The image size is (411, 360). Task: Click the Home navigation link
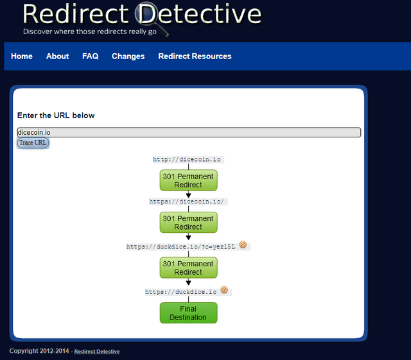coord(22,56)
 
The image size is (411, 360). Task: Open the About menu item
coord(57,56)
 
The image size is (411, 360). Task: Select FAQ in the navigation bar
coord(90,56)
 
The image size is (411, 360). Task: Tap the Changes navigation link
coord(128,56)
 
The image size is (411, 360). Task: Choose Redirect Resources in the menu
coord(195,56)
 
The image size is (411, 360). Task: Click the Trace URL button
coord(33,143)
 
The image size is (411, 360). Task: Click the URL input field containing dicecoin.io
coord(189,132)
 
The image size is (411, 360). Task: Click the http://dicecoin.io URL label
coord(187,160)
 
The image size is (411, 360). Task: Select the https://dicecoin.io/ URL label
coord(187,201)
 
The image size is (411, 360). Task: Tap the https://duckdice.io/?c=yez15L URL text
coord(181,247)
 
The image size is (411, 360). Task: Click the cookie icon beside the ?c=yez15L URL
coord(243,244)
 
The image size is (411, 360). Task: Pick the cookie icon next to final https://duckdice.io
coord(224,290)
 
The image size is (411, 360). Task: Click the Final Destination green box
coord(188,313)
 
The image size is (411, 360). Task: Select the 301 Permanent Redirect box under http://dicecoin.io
coord(188,180)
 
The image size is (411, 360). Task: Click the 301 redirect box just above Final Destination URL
coord(188,268)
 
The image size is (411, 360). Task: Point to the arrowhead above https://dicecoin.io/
coord(188,195)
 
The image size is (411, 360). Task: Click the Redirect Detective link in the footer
coord(97,352)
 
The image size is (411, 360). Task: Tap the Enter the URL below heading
coord(56,116)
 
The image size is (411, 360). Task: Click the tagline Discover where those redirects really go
coord(90,31)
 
